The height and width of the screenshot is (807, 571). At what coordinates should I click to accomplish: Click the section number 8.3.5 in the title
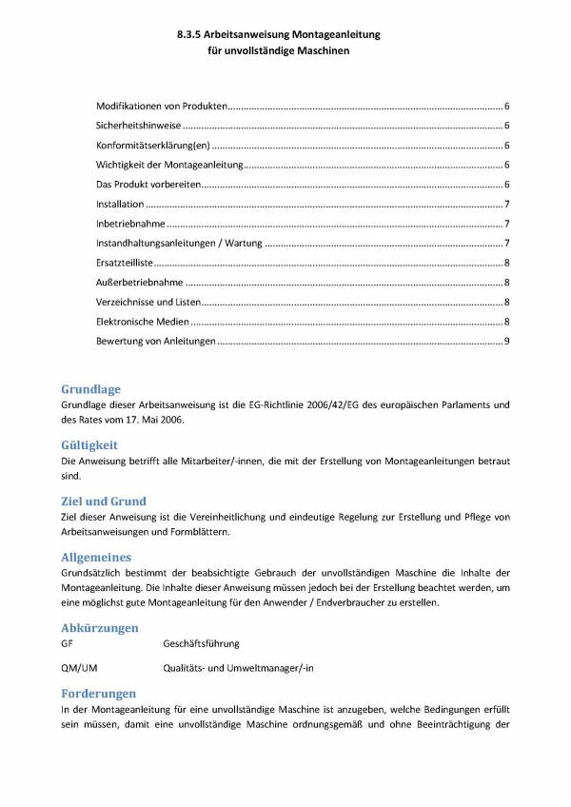[190, 33]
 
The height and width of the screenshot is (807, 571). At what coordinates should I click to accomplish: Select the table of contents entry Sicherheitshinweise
[138, 126]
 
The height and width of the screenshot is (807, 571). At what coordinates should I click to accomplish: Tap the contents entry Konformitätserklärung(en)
[152, 146]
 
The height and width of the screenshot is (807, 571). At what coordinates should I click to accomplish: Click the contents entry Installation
[120, 204]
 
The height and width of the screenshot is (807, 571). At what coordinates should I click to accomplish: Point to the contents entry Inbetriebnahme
[130, 224]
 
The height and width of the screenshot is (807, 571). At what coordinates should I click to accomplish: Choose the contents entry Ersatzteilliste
[125, 263]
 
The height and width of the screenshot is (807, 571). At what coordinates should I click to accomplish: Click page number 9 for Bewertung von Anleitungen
[507, 342]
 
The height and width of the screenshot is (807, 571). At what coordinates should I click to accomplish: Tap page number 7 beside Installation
[507, 204]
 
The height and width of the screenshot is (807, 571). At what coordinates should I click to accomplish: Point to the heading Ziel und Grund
[102, 501]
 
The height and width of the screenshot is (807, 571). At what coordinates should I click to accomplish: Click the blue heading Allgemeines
[95, 556]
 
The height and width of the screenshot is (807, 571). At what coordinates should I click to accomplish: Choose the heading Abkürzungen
[98, 628]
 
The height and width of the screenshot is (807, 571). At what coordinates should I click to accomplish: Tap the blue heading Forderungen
[97, 694]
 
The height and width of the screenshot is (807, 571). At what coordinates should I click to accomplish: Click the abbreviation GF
[66, 644]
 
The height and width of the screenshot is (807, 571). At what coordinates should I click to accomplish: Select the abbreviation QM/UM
[77, 669]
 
